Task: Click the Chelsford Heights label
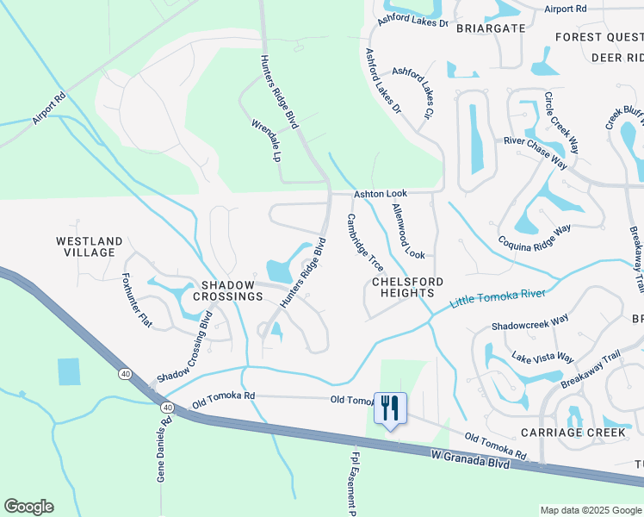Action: (407, 287)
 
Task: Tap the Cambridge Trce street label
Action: (366, 243)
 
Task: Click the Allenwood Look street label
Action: (409, 231)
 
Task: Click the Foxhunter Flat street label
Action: (136, 300)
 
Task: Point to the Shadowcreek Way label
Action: (529, 322)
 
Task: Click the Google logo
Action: (28, 507)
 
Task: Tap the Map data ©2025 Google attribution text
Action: (591, 510)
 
